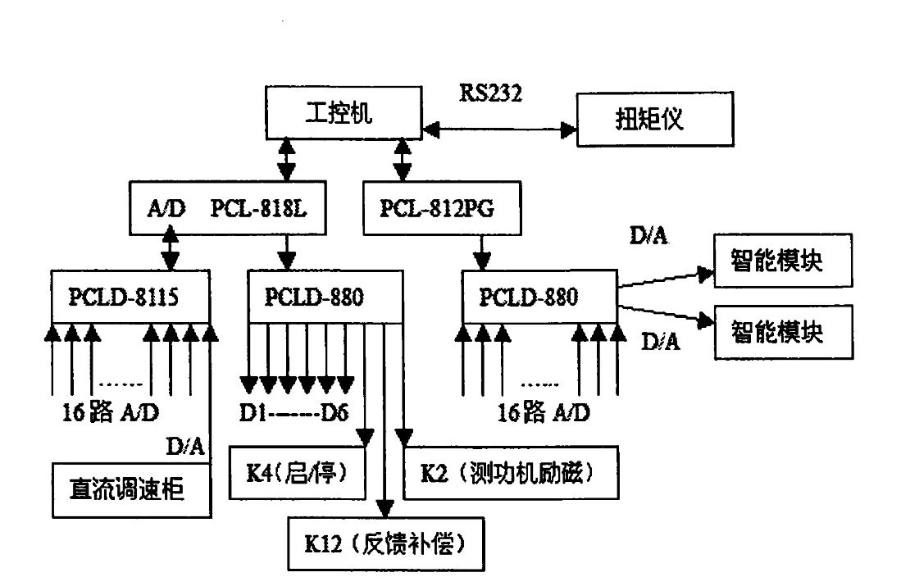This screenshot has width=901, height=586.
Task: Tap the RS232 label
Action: click(x=490, y=91)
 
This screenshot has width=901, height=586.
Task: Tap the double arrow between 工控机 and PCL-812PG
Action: click(x=403, y=160)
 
